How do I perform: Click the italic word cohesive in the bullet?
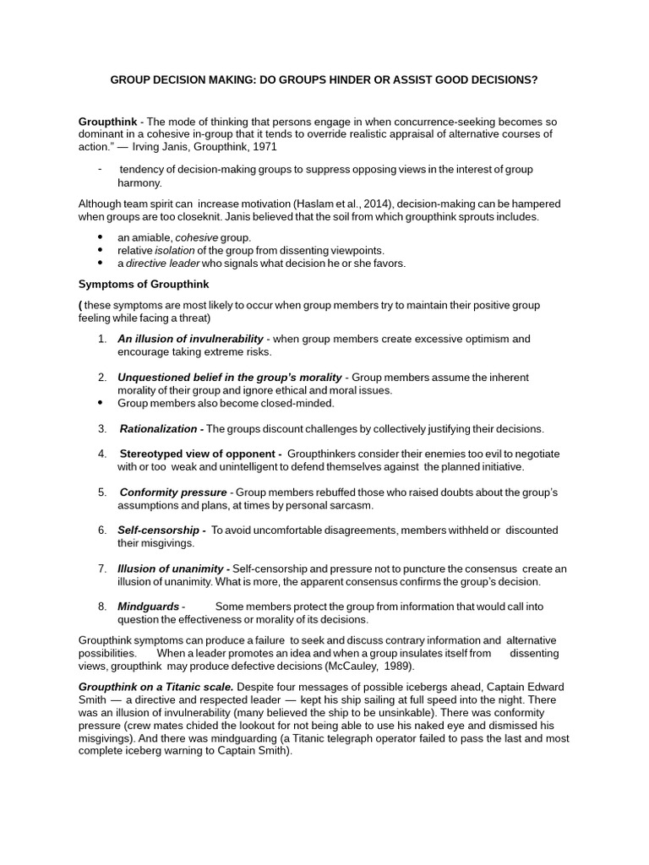pyautogui.click(x=196, y=238)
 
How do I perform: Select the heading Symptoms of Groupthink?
pyautogui.click(x=143, y=284)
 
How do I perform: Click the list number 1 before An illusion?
pyautogui.click(x=101, y=340)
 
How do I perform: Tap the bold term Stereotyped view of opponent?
pyautogui.click(x=200, y=454)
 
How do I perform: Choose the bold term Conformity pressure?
pyautogui.click(x=173, y=492)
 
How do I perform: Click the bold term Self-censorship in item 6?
pyautogui.click(x=161, y=530)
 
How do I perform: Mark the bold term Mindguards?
pyautogui.click(x=149, y=607)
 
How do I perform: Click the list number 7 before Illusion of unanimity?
pyautogui.click(x=101, y=569)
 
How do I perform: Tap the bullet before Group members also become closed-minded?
pyautogui.click(x=101, y=403)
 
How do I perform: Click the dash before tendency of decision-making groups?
pyautogui.click(x=100, y=169)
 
